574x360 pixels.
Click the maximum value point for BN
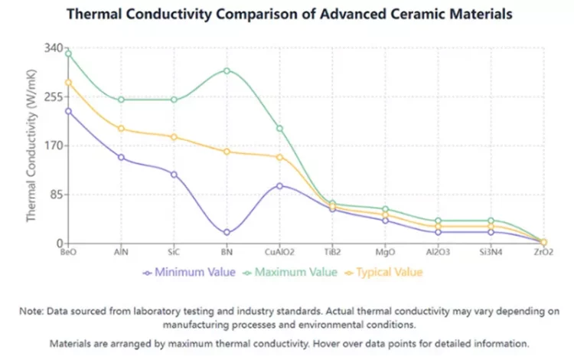(227, 70)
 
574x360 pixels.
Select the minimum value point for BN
(227, 233)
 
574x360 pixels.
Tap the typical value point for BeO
(68, 83)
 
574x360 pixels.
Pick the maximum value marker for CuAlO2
(279, 129)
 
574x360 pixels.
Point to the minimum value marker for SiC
(174, 175)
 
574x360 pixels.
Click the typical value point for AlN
(121, 129)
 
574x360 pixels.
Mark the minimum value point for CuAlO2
(279, 185)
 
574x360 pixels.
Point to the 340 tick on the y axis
(52, 48)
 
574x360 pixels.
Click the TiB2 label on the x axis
(332, 252)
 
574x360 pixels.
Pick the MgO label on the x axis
(385, 252)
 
